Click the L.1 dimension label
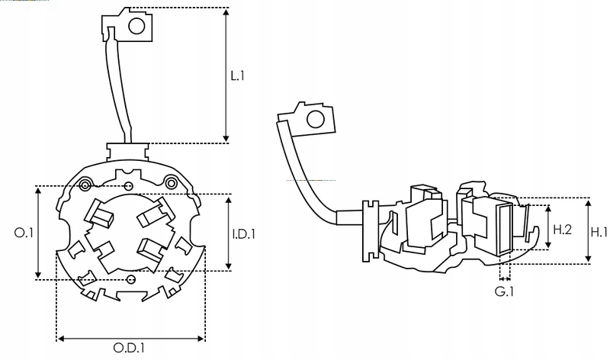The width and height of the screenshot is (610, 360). tap(238, 76)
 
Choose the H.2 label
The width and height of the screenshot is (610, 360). tap(562, 229)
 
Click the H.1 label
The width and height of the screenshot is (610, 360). tap(599, 232)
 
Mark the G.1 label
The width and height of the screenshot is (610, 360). tap(504, 291)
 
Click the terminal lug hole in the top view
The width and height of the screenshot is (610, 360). tap(136, 27)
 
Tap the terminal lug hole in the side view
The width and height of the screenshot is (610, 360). tap(314, 119)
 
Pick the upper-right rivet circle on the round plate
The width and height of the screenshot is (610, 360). tap(172, 182)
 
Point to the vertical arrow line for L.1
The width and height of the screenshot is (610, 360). tap(226, 76)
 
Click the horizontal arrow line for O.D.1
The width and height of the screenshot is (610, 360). tap(130, 338)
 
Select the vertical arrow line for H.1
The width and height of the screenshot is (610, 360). tap(588, 231)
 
